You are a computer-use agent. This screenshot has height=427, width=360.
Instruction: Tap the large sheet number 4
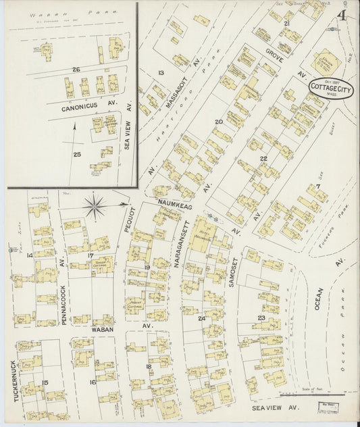coord(344,16)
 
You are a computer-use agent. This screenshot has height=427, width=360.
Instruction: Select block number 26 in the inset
coord(76,69)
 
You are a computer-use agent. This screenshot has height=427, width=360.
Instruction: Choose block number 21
coord(287,24)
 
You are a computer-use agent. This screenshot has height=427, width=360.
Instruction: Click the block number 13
coord(161,72)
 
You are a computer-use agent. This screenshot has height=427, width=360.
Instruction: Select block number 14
coord(29,255)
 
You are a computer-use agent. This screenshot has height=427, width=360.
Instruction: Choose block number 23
coord(261,318)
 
